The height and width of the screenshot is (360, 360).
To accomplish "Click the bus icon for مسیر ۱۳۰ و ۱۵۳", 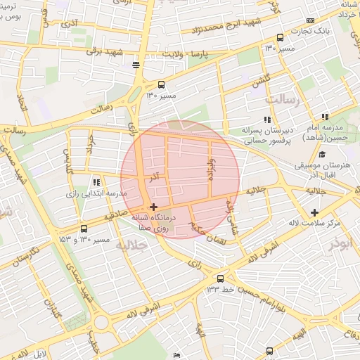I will click(84, 229).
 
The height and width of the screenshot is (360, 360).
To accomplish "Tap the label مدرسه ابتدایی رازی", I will click(96, 193).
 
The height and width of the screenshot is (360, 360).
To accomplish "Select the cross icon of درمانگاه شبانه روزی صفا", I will click(153, 207).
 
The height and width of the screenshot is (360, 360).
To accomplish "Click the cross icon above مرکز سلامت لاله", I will click(314, 212).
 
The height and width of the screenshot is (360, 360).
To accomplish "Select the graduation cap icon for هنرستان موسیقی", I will click(322, 155).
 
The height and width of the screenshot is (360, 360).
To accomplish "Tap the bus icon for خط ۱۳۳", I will click(221, 278).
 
